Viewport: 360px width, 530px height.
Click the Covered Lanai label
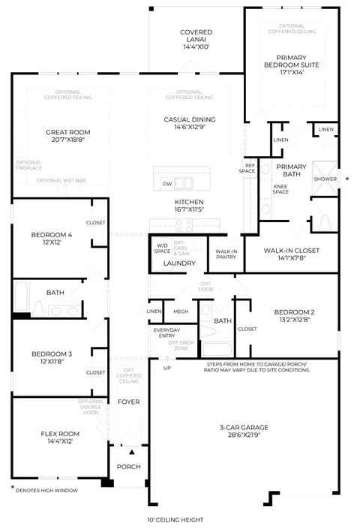(196, 32)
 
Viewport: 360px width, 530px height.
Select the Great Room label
(68, 131)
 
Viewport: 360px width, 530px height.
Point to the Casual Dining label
(190, 119)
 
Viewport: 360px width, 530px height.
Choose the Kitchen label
(189, 203)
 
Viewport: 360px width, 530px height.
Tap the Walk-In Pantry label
(226, 254)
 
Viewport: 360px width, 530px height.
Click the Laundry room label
(179, 263)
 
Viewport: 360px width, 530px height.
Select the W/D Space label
(162, 248)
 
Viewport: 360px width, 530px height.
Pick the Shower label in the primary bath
(325, 179)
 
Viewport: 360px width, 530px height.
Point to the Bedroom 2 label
(293, 312)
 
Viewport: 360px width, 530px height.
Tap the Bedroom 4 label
(51, 235)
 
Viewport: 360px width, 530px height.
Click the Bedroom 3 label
(51, 354)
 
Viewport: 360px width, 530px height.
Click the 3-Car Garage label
(244, 427)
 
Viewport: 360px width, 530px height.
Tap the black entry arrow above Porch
(132, 453)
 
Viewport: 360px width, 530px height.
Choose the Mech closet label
(180, 311)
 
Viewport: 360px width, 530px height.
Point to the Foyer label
(128, 402)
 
